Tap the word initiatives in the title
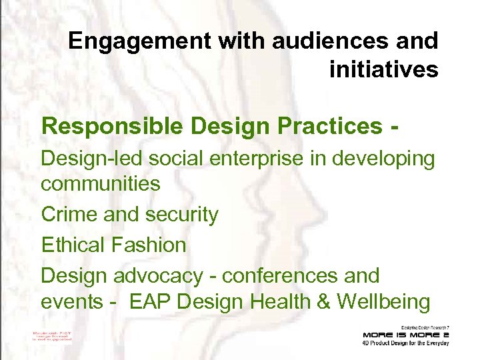point(383,69)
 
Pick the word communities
point(101,183)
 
